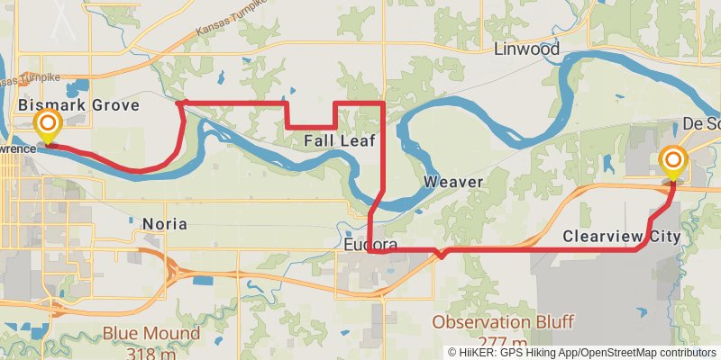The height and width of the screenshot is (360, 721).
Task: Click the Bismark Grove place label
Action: pyautogui.click(x=79, y=106)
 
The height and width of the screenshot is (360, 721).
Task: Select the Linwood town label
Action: pyautogui.click(x=526, y=49)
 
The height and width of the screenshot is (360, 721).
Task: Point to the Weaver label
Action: pyautogui.click(x=453, y=183)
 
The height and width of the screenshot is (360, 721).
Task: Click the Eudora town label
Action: pyautogui.click(x=370, y=245)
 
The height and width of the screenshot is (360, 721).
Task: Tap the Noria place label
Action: pyautogui.click(x=165, y=222)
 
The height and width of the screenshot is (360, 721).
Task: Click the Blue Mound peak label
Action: pyautogui.click(x=151, y=333)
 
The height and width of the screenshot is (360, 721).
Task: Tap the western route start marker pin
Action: pyautogui.click(x=47, y=126)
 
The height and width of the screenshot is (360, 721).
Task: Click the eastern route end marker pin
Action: pyautogui.click(x=673, y=163)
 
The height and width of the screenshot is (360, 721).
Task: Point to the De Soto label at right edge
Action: pyautogui.click(x=701, y=123)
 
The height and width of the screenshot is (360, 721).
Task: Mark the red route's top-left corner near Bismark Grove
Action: pyautogui.click(x=179, y=103)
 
